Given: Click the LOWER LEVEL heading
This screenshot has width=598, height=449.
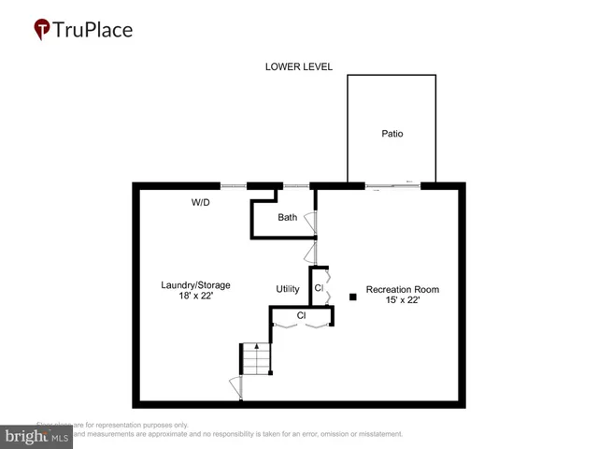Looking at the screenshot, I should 299,66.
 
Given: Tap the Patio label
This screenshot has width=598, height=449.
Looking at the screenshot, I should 392,134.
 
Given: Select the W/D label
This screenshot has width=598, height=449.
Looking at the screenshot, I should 201,202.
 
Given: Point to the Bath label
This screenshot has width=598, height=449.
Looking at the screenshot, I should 288,218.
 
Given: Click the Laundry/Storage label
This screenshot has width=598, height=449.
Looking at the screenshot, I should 195,285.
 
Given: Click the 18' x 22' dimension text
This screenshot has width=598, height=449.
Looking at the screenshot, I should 195,297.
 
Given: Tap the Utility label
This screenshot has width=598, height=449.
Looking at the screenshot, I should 288,289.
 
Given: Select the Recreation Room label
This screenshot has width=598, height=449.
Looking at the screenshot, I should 403,290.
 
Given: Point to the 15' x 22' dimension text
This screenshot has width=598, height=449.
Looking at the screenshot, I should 403,301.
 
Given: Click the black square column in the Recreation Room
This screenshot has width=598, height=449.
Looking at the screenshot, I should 353,297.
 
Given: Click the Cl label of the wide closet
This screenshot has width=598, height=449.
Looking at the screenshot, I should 301,316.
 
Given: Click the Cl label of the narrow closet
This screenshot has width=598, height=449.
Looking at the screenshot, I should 319,288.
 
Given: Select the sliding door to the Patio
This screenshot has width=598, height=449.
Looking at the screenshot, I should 392,185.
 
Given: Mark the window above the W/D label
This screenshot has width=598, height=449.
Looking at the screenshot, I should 234,185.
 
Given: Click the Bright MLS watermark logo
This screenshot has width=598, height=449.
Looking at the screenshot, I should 37,436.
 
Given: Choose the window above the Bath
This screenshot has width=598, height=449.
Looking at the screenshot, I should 296,185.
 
